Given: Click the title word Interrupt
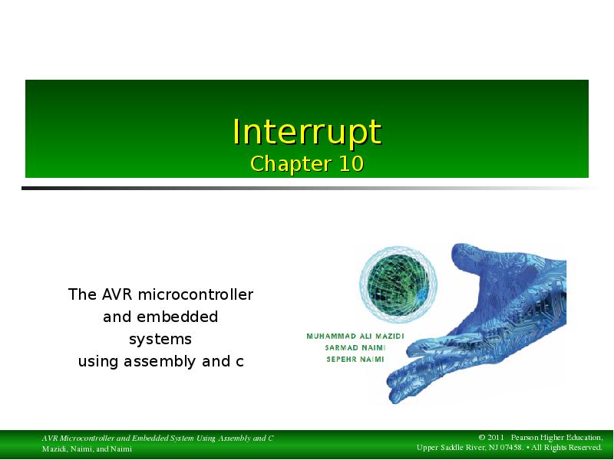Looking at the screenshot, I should click(307, 132).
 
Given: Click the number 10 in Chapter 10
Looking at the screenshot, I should click(350, 164).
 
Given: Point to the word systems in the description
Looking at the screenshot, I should click(160, 339).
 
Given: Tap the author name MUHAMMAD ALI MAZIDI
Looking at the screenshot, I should click(355, 337).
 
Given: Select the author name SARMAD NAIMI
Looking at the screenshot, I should click(355, 347).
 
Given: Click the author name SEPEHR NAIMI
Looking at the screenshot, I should click(355, 358).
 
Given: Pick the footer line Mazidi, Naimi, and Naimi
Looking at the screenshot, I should click(87, 449).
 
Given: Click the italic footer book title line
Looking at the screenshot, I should click(157, 438).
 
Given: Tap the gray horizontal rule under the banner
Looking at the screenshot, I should click(307, 188).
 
